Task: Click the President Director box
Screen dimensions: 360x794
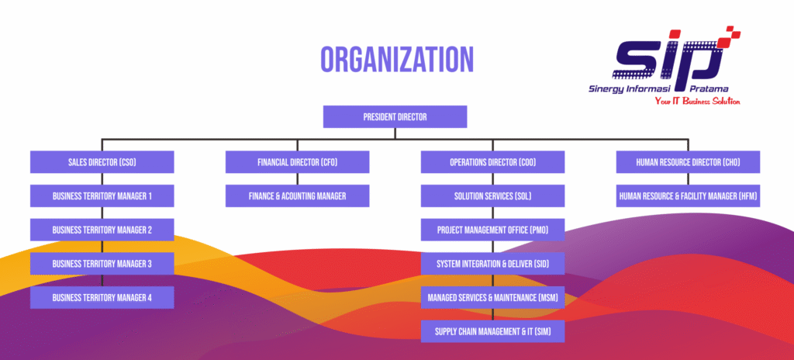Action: click(x=395, y=117)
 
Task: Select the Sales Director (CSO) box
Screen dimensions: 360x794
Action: click(x=102, y=162)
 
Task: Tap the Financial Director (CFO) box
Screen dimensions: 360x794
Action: click(x=297, y=162)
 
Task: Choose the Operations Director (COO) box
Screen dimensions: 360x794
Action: click(x=492, y=162)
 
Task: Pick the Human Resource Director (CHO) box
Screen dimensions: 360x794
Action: click(x=688, y=162)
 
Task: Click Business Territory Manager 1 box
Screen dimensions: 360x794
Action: click(x=102, y=196)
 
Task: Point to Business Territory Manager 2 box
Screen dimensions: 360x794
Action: click(x=102, y=230)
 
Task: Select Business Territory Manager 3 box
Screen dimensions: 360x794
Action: click(x=102, y=264)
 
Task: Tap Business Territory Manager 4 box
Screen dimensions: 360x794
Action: click(x=102, y=297)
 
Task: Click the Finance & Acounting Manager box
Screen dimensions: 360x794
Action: click(x=297, y=196)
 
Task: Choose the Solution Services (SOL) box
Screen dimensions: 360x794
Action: click(x=492, y=196)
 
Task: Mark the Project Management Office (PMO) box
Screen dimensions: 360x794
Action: click(x=492, y=230)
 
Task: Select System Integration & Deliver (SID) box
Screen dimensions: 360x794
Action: click(x=492, y=264)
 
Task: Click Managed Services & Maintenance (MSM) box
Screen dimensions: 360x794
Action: click(x=492, y=297)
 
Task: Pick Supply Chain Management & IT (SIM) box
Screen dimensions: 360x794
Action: click(x=492, y=331)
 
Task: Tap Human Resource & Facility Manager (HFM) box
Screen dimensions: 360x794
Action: click(x=688, y=196)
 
